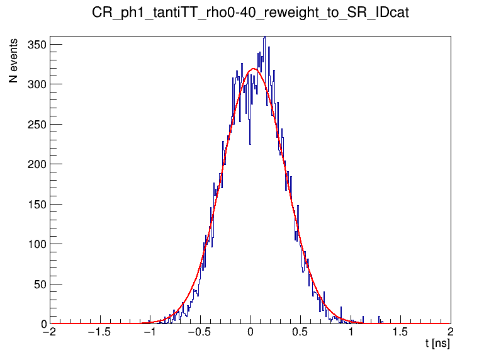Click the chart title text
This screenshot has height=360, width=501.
click(x=250, y=13)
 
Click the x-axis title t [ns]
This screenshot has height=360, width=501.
click(x=437, y=344)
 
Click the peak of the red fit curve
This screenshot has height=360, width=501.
click(x=253, y=69)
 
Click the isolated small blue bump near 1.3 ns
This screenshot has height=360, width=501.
click(x=380, y=317)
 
